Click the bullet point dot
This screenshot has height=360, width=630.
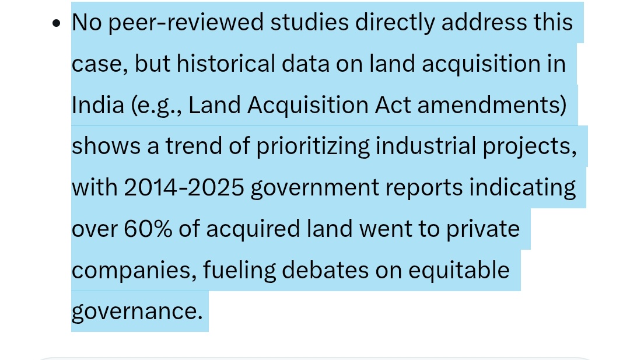pyautogui.click(x=57, y=23)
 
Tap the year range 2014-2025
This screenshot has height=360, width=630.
pyautogui.click(x=184, y=188)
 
